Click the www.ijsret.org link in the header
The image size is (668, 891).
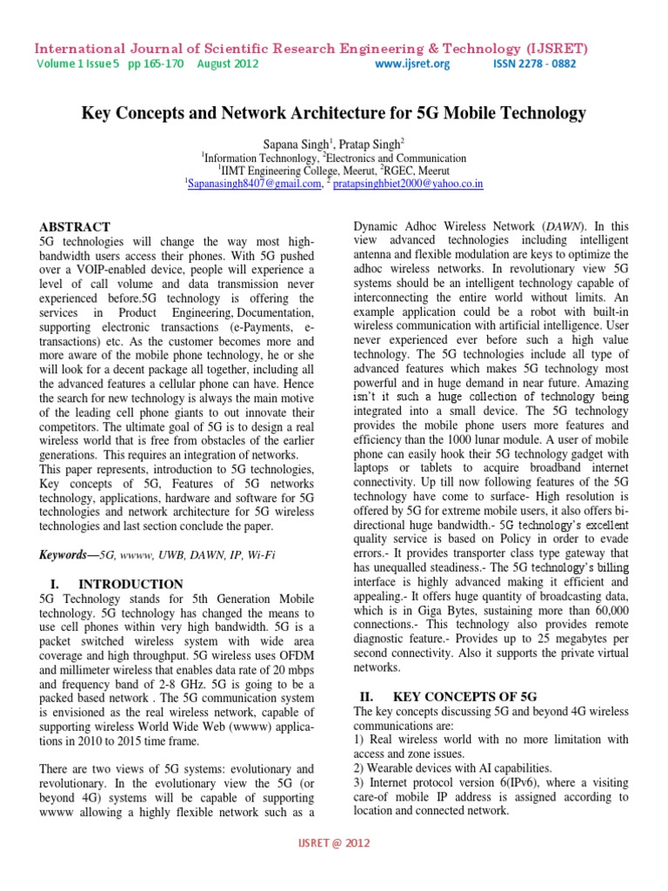pyautogui.click(x=412, y=64)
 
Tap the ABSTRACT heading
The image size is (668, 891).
pyautogui.click(x=74, y=226)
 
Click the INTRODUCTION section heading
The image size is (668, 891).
pyautogui.click(x=131, y=584)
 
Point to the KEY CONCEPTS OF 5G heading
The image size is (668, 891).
pyautogui.click(x=464, y=697)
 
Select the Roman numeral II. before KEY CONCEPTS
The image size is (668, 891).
pyautogui.click(x=367, y=697)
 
